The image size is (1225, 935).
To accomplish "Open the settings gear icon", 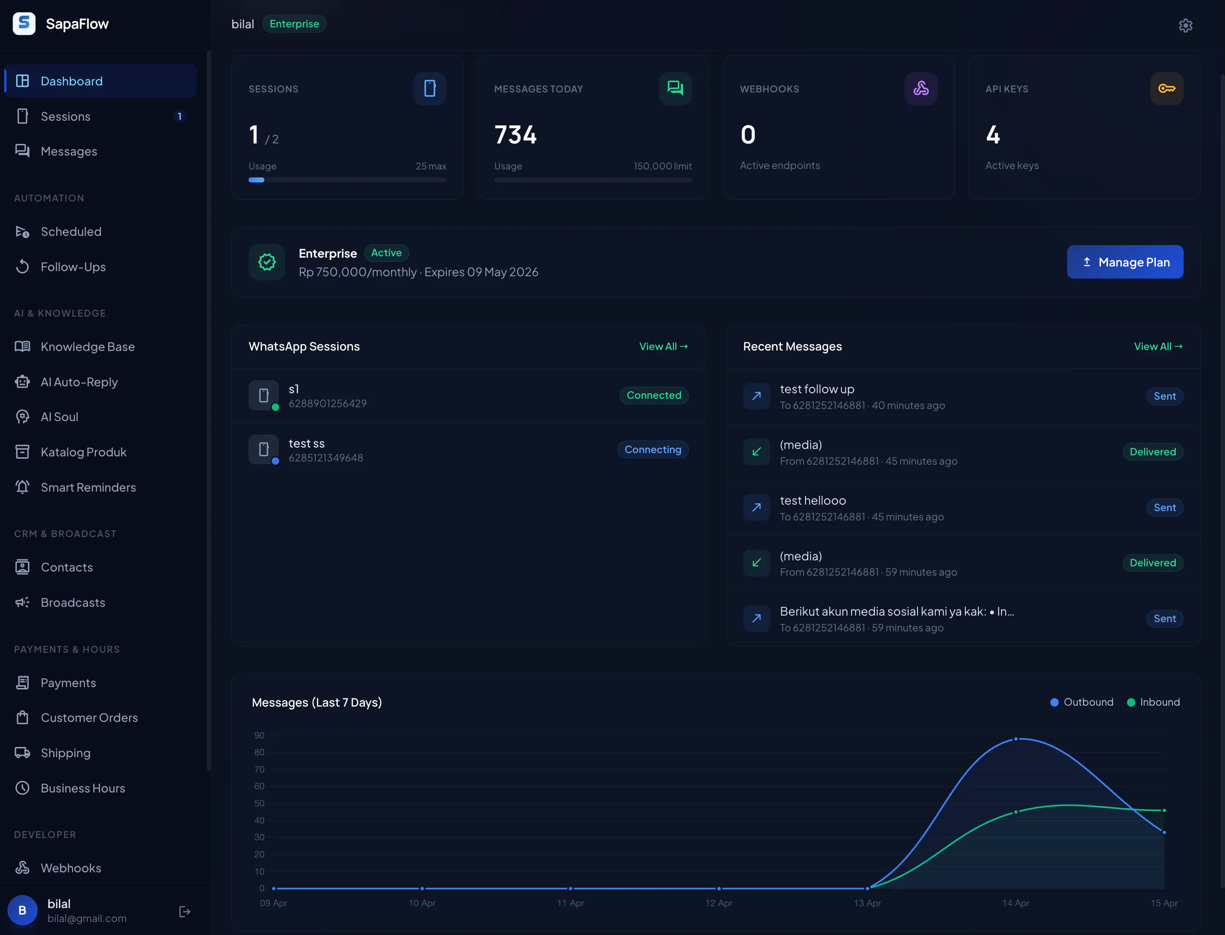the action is click(x=1186, y=26).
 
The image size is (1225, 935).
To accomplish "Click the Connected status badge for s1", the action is click(x=654, y=395).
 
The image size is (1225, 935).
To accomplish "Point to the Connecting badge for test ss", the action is click(x=653, y=449).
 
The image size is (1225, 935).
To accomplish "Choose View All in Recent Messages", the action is click(x=1158, y=346).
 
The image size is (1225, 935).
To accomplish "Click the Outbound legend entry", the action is click(x=1081, y=702).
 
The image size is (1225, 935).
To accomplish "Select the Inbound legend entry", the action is click(x=1153, y=702).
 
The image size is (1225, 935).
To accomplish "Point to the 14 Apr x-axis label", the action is click(x=1015, y=903).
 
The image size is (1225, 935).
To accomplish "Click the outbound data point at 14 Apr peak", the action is click(x=1015, y=739).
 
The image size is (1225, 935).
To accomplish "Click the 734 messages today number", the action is click(x=516, y=135).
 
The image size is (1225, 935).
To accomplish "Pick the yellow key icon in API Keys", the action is click(x=1166, y=89).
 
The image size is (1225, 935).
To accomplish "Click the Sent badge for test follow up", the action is click(x=1164, y=396).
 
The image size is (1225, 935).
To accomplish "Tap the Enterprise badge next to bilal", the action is click(x=294, y=24).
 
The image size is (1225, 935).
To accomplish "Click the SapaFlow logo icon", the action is click(x=24, y=23).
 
